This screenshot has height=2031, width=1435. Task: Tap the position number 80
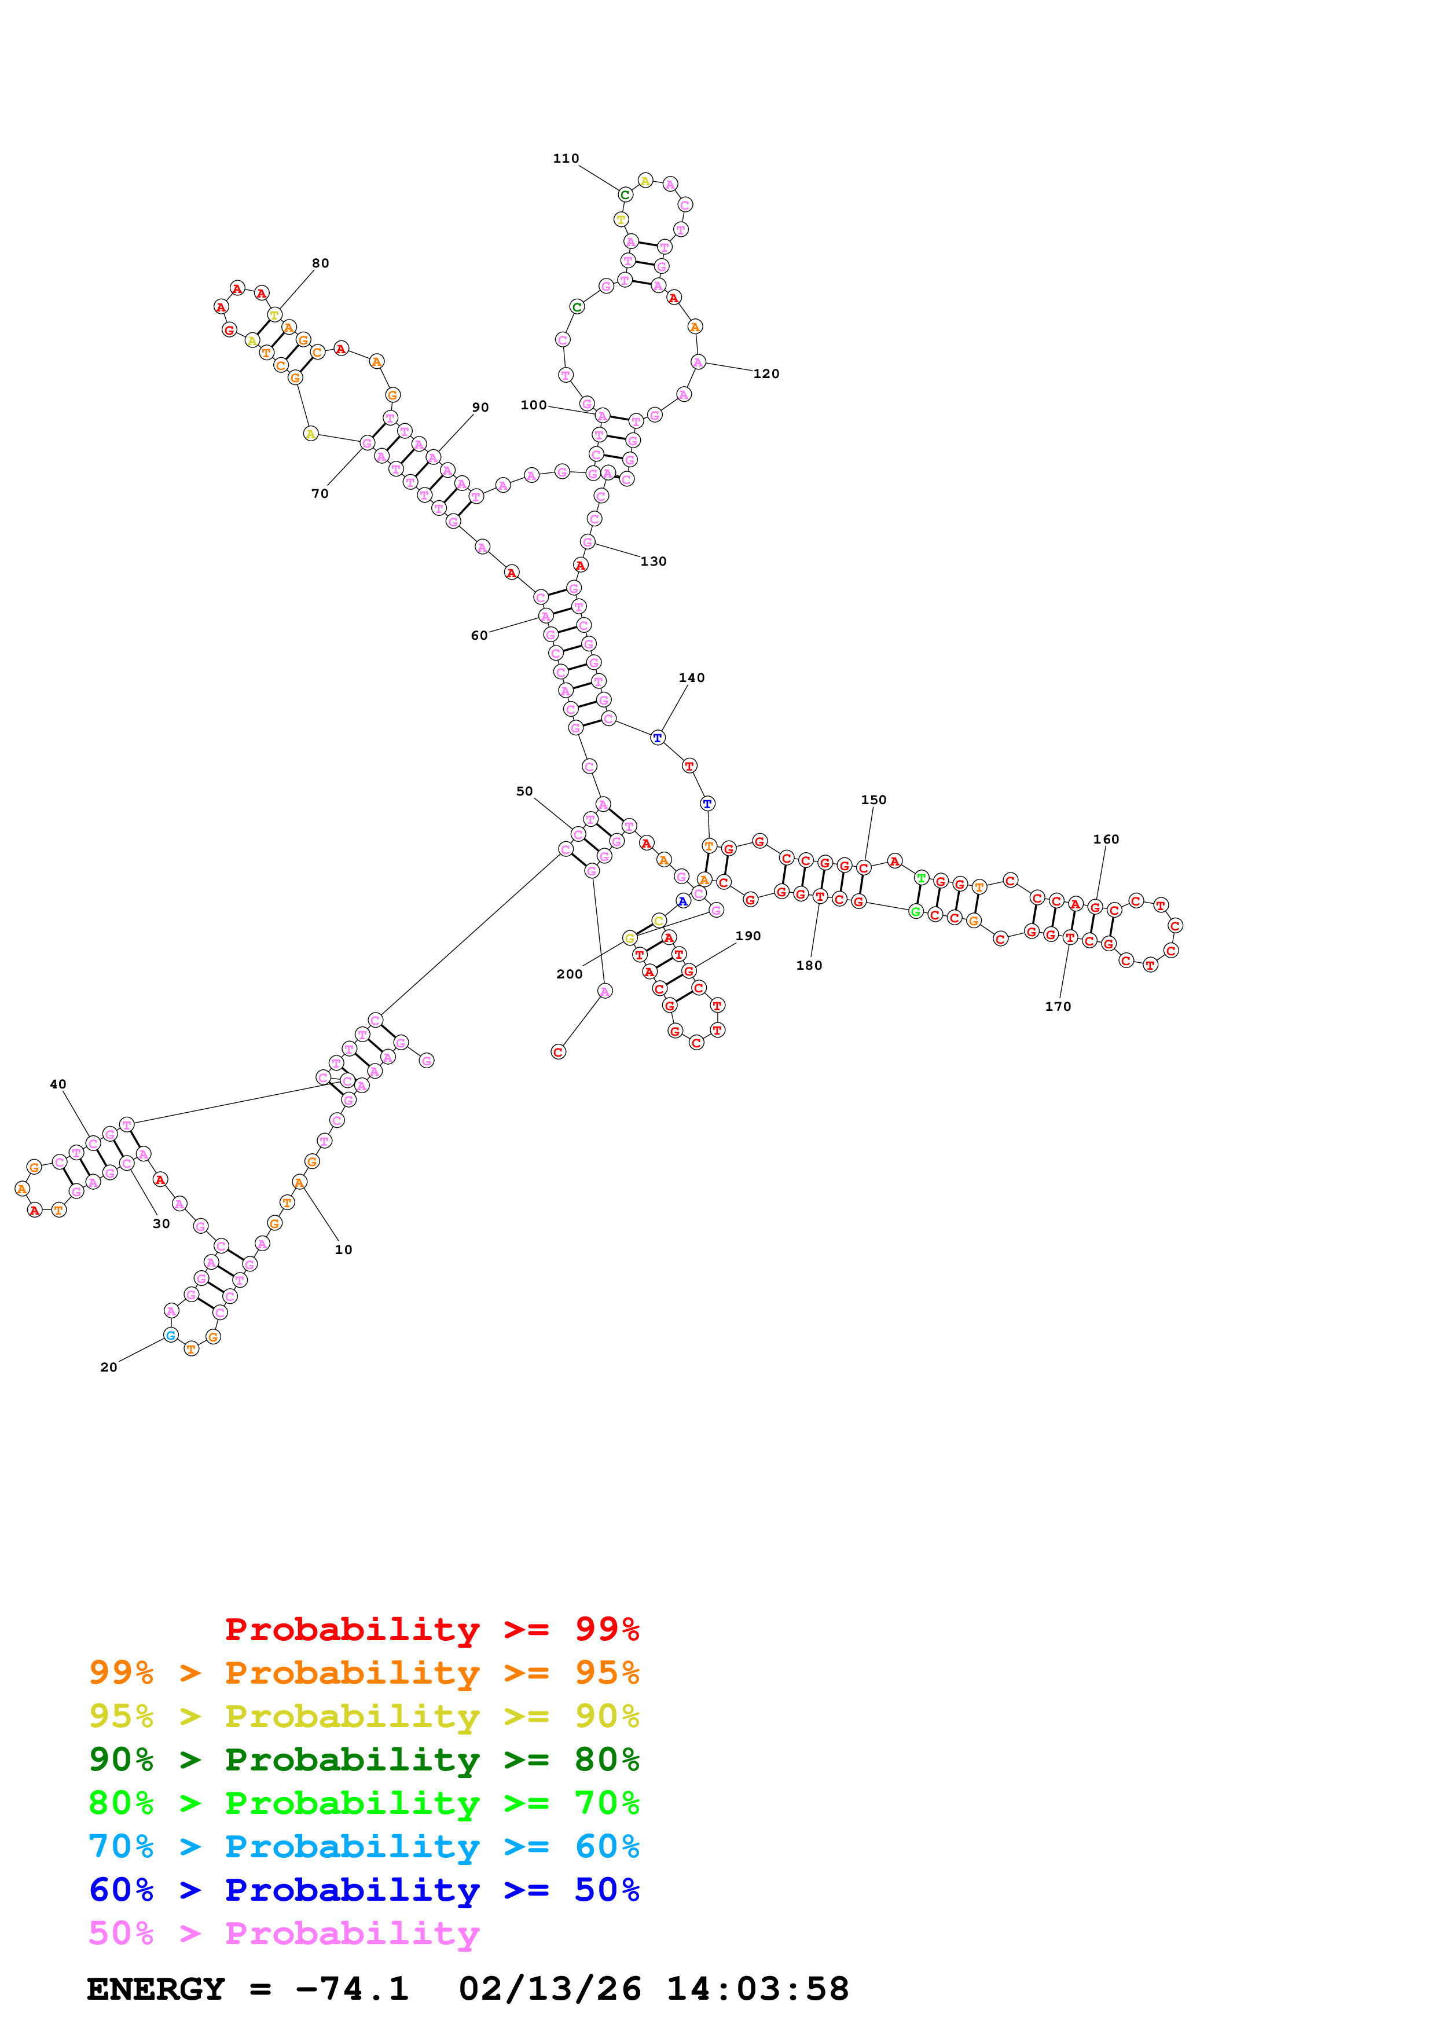(x=320, y=263)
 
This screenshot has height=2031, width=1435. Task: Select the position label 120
(x=766, y=374)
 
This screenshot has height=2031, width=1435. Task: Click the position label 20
(x=109, y=1368)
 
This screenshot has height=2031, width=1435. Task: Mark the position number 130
(x=654, y=562)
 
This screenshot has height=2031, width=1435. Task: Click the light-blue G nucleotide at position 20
(x=171, y=1335)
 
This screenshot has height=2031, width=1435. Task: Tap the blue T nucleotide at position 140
(x=657, y=738)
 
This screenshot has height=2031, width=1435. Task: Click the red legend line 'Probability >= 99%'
(x=431, y=1629)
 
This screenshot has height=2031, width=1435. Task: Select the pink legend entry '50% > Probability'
(x=284, y=1934)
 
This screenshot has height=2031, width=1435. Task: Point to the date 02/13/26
(x=549, y=1989)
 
